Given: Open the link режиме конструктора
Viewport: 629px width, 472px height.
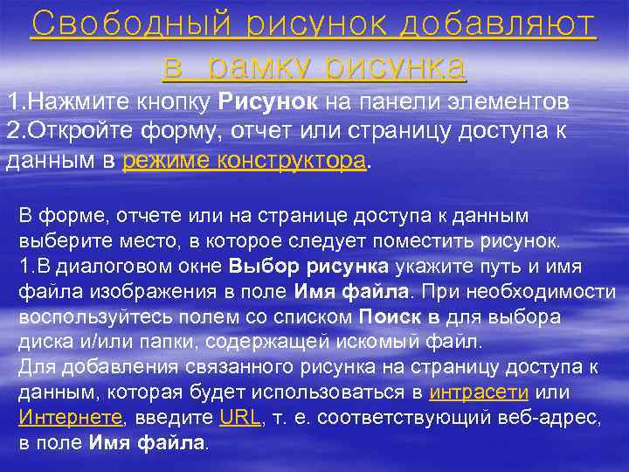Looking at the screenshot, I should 243,161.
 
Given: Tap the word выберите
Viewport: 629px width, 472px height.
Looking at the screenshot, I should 60,239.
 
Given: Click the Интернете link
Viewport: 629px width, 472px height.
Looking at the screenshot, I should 71,417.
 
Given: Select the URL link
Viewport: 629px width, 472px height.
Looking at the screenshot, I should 240,417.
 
